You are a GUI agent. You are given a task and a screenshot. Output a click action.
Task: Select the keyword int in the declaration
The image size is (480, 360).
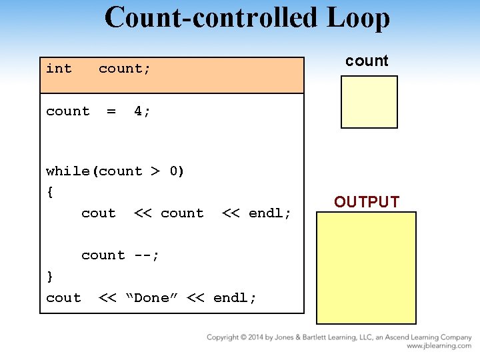pyautogui.click(x=59, y=68)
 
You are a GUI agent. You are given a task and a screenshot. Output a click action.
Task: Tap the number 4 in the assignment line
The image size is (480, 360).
pyautogui.click(x=138, y=111)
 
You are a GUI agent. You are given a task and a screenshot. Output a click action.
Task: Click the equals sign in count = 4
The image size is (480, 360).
pyautogui.click(x=111, y=111)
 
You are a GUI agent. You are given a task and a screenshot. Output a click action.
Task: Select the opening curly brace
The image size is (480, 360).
pyautogui.click(x=50, y=192)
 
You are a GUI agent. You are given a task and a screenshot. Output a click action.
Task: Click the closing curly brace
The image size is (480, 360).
pyautogui.click(x=50, y=276)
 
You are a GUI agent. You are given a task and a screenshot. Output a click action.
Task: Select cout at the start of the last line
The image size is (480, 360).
pyautogui.click(x=63, y=298)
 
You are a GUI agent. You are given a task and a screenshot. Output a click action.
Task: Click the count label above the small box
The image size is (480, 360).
pyautogui.click(x=367, y=61)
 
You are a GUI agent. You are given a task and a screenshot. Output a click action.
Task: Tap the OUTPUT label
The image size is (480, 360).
pyautogui.click(x=367, y=202)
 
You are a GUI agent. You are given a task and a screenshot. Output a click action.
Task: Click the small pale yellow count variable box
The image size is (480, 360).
pyautogui.click(x=369, y=101)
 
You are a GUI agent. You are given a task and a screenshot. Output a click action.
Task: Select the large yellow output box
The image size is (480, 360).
pyautogui.click(x=366, y=267)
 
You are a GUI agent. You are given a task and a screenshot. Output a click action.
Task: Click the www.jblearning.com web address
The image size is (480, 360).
pyautogui.click(x=439, y=346)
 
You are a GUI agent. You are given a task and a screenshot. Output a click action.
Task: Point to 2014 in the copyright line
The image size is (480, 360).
pyautogui.click(x=256, y=337)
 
